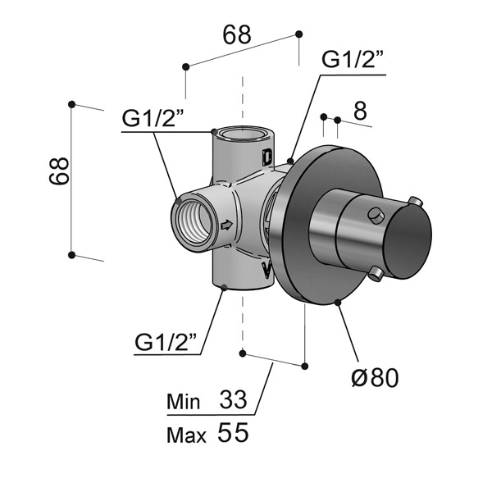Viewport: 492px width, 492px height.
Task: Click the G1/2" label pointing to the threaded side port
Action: tap(157, 119)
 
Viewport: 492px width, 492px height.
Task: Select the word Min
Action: tap(183, 403)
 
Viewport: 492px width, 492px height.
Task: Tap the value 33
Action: tap(233, 401)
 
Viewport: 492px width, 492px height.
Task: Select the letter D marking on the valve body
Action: tap(266, 155)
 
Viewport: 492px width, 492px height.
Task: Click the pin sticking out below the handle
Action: tap(376, 271)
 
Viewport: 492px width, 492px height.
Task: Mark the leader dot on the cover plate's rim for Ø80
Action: tap(338, 303)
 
